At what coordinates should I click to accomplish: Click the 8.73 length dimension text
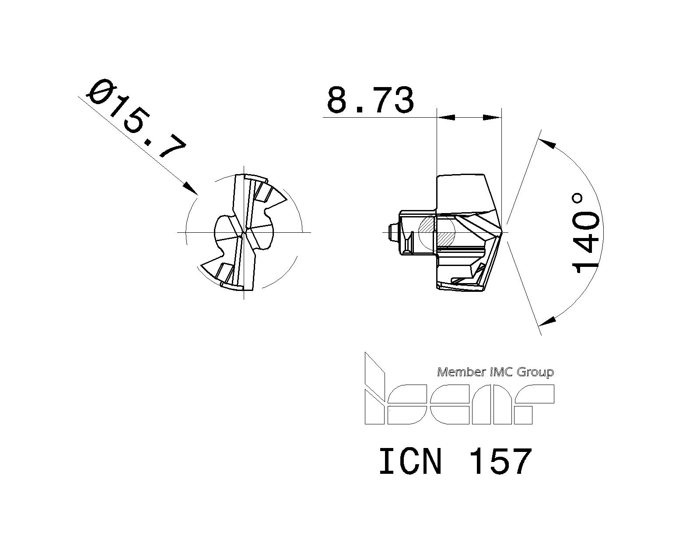(370, 100)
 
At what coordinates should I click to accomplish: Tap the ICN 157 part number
(455, 462)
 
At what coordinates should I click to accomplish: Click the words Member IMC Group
(496, 372)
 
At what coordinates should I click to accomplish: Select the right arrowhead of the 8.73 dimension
(492, 117)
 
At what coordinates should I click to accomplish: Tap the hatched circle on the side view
(437, 232)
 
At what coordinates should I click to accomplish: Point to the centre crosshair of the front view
(244, 232)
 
